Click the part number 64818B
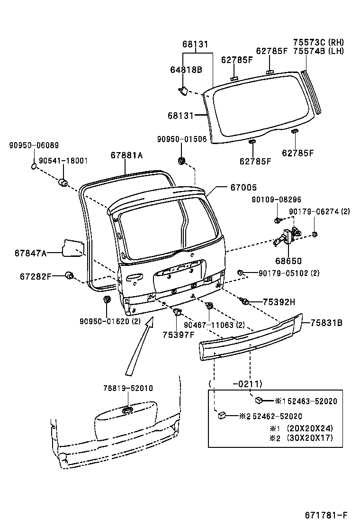[186, 70]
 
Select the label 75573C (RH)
[318, 42]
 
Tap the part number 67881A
[126, 155]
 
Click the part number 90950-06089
[34, 145]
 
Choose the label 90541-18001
[63, 161]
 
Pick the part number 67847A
[30, 253]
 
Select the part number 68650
[288, 261]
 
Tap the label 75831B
[326, 323]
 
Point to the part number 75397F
[179, 335]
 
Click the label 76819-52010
[128, 388]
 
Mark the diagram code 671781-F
[326, 515]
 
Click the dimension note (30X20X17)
[310, 438]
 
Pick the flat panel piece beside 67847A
[72, 247]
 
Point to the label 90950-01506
[182, 139]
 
